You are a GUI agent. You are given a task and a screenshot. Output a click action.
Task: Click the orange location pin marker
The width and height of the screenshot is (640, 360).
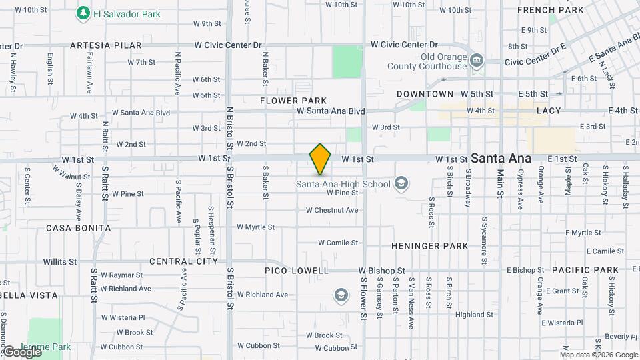(x=321, y=159)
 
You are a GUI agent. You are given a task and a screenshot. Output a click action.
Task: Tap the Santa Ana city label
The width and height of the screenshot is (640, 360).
(x=501, y=159)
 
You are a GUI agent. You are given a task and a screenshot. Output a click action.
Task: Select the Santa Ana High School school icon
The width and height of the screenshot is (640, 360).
(x=401, y=183)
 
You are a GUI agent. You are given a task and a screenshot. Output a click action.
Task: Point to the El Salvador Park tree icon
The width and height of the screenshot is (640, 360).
(x=83, y=13)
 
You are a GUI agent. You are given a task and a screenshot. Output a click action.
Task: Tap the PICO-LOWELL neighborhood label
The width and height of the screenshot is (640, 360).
(x=297, y=271)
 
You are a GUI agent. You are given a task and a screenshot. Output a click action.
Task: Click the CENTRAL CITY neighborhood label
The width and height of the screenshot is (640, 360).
(x=183, y=261)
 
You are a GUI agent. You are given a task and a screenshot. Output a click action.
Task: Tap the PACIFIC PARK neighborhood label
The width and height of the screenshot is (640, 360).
(x=585, y=270)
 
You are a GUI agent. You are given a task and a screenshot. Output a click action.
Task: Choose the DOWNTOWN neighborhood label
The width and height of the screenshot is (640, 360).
(x=425, y=95)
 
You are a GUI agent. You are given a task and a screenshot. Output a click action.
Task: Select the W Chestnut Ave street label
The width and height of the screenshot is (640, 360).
(x=332, y=210)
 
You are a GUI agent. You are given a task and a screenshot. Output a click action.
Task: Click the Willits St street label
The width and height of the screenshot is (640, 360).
(x=60, y=262)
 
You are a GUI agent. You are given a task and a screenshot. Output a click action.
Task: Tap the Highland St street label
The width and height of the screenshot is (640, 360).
(x=475, y=315)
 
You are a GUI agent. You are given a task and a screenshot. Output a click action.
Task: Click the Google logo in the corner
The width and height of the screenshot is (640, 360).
(x=22, y=351)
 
